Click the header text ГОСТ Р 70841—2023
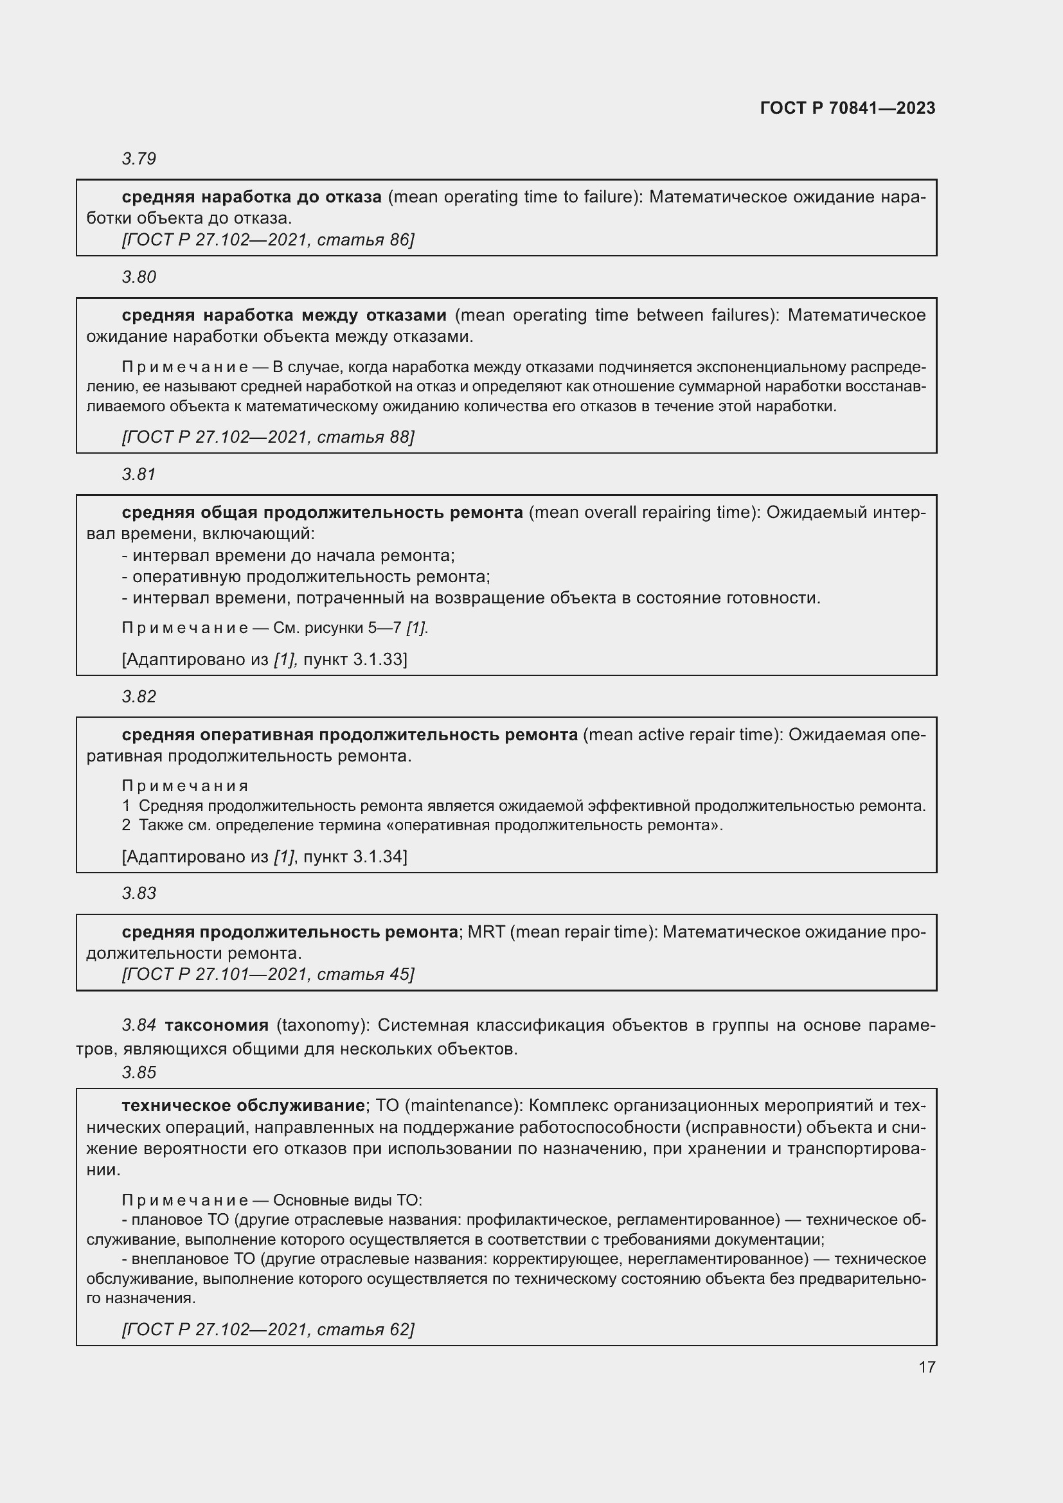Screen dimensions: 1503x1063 [x=847, y=108]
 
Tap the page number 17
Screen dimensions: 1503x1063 [x=927, y=1367]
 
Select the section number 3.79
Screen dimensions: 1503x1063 [x=139, y=159]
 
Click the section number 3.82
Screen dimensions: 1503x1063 [x=139, y=697]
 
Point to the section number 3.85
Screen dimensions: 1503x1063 [x=139, y=1072]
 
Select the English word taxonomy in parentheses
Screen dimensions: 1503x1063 [x=317, y=1025]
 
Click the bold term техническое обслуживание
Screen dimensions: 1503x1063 [x=243, y=1106]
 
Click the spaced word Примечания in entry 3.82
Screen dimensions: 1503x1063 [x=184, y=785]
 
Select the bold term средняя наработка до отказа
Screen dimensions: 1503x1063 [x=251, y=197]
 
